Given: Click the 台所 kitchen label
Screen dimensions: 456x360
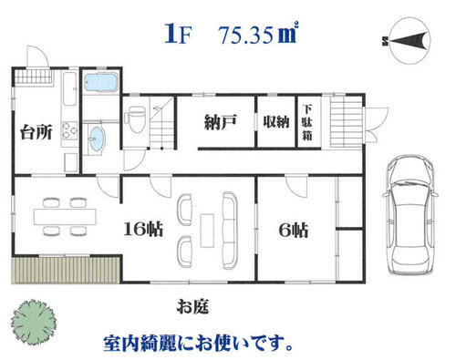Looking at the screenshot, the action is coord(36,132).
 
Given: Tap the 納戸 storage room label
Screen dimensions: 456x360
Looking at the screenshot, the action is coord(221,122).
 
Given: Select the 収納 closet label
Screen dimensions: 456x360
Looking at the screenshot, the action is coord(276,122).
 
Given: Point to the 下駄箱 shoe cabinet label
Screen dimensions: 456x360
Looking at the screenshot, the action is coord(307,122).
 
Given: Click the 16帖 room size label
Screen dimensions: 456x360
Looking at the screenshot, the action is coord(143,229).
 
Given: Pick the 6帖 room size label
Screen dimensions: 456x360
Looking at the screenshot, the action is coord(294,231).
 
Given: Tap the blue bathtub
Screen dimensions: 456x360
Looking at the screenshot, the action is coord(100,82).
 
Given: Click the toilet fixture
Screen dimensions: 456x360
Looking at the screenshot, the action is coord(136,119).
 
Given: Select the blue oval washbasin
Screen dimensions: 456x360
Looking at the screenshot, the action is coord(97,139).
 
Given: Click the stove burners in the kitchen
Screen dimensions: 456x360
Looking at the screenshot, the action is coord(70,131).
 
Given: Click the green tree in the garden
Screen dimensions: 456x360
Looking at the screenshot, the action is coord(34,322).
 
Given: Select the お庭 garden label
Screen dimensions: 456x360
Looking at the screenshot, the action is coord(193,306).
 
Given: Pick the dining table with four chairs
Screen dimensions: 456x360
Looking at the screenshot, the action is coord(65,216).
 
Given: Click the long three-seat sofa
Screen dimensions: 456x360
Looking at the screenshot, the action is coord(230,231).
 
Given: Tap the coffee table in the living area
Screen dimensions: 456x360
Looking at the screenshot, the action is coord(207,231).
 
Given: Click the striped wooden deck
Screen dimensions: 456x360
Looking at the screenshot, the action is coord(67,271).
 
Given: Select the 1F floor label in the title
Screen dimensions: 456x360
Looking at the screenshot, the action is coord(178,36).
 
